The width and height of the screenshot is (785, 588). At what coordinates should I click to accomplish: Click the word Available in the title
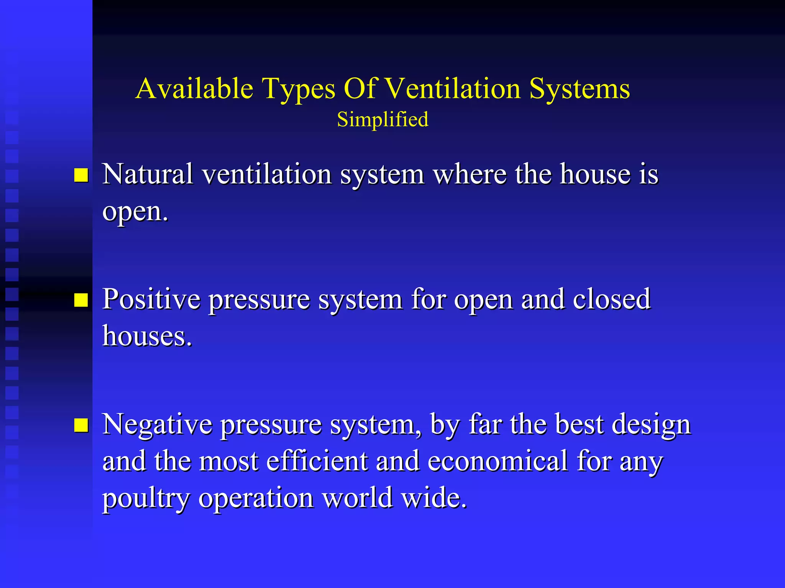[194, 89]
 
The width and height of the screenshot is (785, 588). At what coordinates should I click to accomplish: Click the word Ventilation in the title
[452, 89]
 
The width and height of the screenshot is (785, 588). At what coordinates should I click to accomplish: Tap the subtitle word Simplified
[383, 120]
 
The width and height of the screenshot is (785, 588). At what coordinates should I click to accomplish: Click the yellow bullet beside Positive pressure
[81, 300]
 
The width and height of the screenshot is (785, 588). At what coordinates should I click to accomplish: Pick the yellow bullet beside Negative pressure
[81, 425]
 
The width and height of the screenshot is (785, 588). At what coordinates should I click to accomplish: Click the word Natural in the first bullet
[148, 174]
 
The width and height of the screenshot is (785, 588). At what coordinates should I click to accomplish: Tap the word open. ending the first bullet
[135, 212]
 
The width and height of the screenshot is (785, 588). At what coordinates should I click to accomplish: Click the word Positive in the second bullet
[151, 299]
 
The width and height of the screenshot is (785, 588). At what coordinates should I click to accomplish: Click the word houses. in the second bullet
[147, 336]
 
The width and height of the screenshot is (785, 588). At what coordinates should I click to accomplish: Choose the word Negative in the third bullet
[158, 424]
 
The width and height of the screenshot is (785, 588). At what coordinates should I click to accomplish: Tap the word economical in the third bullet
[498, 461]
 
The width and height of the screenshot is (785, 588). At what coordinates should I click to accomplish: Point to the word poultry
[146, 498]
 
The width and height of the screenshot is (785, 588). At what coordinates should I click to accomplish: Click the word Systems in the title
[580, 89]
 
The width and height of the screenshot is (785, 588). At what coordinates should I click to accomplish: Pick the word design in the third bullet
[651, 425]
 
